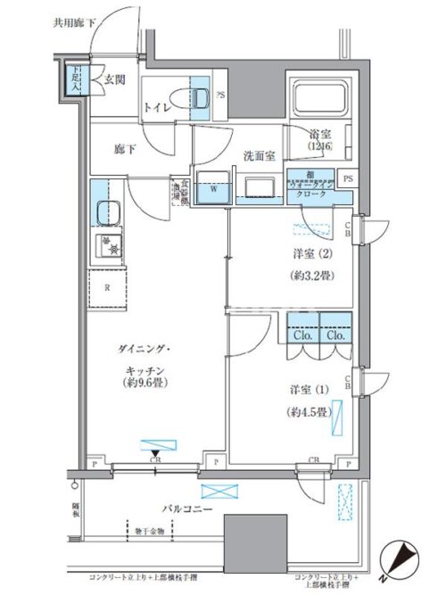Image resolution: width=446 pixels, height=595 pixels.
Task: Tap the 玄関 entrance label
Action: point(114,79)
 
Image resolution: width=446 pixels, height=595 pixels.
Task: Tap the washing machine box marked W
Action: point(213,187)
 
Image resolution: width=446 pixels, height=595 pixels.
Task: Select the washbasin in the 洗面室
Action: point(260,186)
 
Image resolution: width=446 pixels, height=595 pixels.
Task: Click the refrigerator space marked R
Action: point(107,287)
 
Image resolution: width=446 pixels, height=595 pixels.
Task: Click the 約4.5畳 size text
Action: point(309,412)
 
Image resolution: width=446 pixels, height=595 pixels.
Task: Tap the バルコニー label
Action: point(185,508)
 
